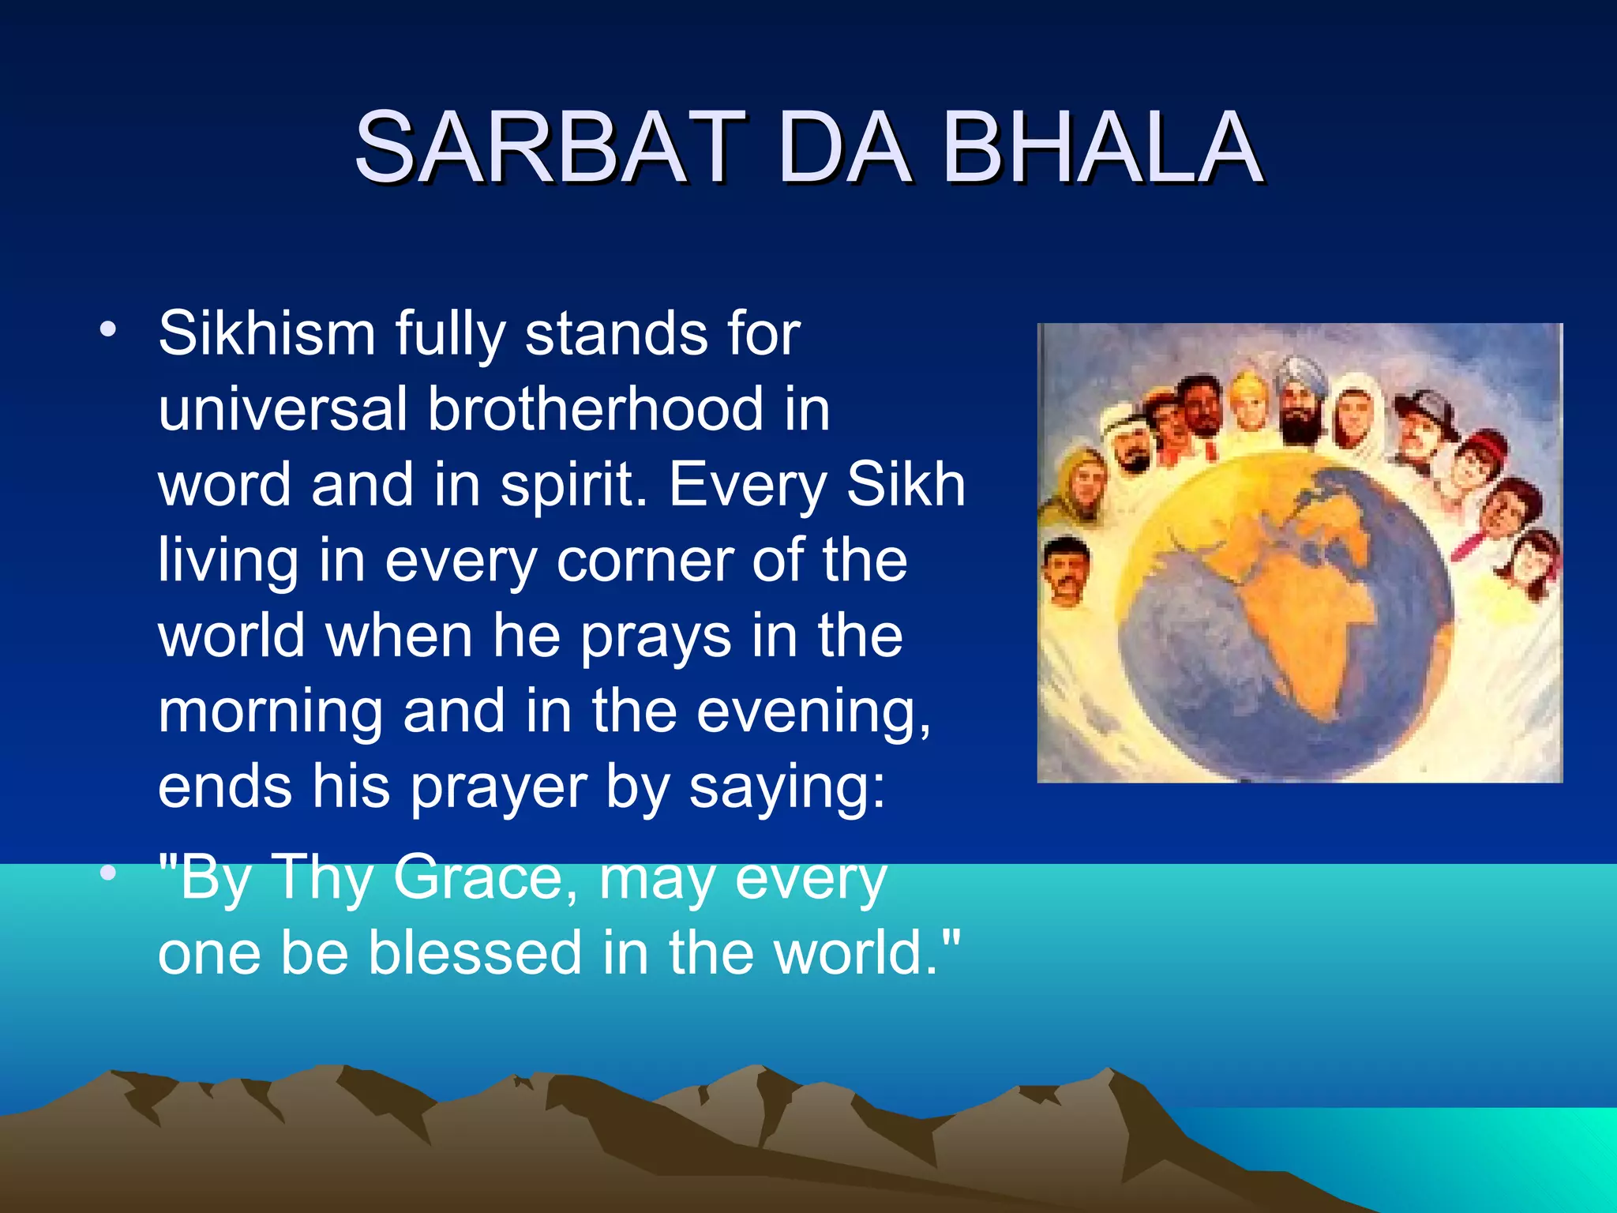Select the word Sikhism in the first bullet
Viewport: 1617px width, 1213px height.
coord(266,334)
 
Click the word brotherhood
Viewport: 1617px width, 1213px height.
coord(595,409)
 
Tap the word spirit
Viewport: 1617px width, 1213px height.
coord(572,486)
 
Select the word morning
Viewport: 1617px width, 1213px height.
coord(270,711)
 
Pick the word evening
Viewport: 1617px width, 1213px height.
coord(813,711)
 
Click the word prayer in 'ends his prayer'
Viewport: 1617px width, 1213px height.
coord(498,787)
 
